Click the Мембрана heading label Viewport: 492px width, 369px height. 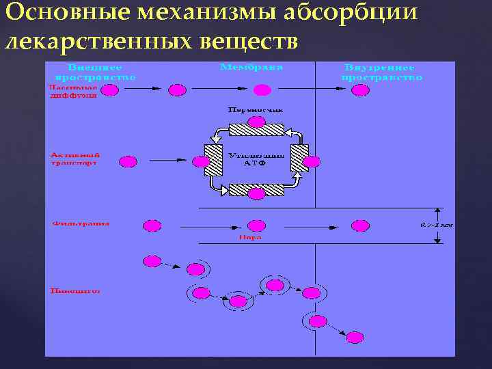(251, 68)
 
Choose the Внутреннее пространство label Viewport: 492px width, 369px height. (381, 73)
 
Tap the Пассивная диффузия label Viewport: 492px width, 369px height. (73, 92)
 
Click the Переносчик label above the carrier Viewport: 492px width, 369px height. (256, 109)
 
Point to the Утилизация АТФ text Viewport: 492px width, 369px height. (256, 159)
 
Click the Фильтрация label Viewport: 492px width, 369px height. (80, 223)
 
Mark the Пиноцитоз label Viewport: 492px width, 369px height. (75, 291)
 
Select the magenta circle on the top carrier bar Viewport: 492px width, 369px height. (256, 122)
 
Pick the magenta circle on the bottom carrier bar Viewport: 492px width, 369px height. (256, 194)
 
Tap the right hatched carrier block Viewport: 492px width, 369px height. (299, 159)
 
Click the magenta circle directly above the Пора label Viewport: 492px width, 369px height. (256, 225)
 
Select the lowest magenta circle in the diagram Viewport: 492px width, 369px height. (355, 337)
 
